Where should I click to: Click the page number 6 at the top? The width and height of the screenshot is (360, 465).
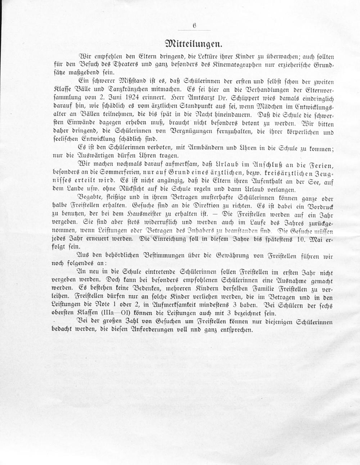coord(194,25)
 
